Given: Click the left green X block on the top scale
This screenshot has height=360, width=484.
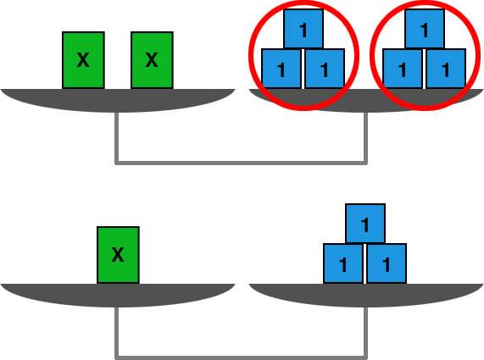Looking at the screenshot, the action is click(x=83, y=60).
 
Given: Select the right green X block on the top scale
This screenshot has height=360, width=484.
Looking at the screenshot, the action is click(x=152, y=60).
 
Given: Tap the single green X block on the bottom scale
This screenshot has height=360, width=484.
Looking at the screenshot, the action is click(x=118, y=255).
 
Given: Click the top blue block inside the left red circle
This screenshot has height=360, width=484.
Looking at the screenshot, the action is click(x=303, y=29).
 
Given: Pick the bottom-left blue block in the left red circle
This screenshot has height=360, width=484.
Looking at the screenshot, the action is click(x=281, y=69).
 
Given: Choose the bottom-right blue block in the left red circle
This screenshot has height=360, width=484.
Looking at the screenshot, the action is click(x=325, y=69).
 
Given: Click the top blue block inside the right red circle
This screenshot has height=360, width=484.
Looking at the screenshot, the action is click(x=425, y=29).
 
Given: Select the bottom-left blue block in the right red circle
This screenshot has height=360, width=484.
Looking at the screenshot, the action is click(x=403, y=69).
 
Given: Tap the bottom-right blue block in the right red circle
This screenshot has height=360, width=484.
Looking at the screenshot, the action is click(x=446, y=69).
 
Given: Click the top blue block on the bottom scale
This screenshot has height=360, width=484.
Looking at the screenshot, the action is click(x=365, y=224).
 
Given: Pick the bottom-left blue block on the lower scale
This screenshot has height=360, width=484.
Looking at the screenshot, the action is click(x=343, y=263).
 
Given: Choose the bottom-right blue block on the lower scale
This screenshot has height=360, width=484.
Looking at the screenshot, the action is click(x=387, y=263).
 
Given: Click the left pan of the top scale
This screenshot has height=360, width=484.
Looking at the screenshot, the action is click(x=118, y=101).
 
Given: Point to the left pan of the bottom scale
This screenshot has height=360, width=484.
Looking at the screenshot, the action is click(x=118, y=296).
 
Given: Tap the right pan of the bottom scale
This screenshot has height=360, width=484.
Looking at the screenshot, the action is click(x=366, y=296).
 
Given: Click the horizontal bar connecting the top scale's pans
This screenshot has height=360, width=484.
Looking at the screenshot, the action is click(x=241, y=163).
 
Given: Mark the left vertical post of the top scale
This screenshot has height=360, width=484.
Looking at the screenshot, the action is click(x=117, y=138).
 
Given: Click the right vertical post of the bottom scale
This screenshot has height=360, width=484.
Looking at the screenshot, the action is click(x=365, y=333).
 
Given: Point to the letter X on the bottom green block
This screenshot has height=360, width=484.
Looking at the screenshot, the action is click(x=118, y=255).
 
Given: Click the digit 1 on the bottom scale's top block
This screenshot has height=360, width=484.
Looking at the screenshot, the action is click(x=365, y=224).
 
